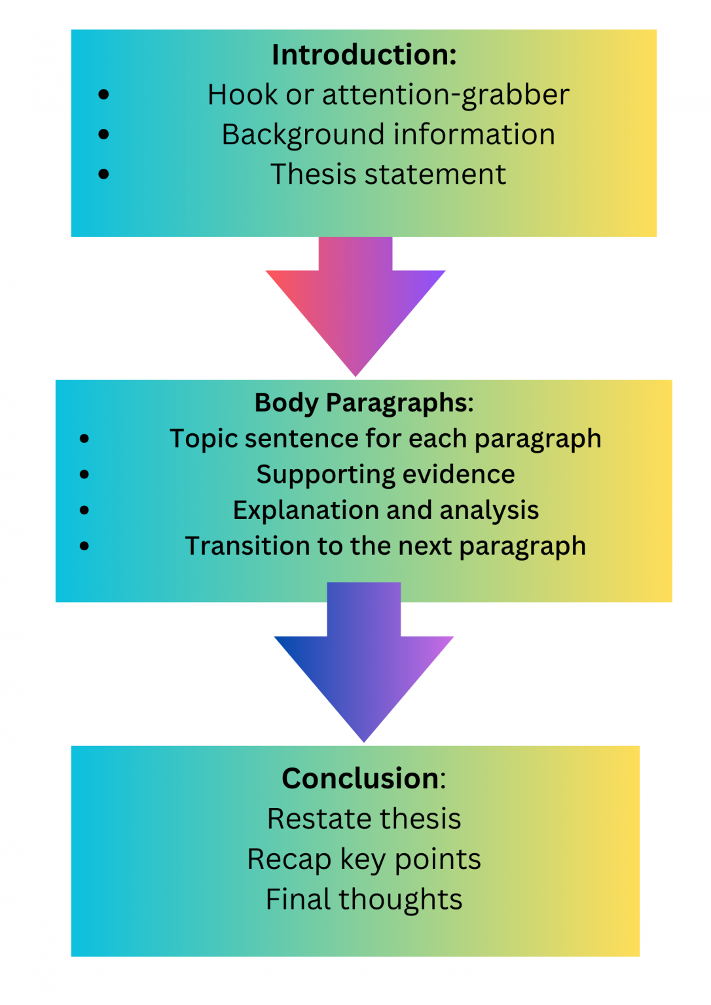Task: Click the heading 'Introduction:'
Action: pos(364,55)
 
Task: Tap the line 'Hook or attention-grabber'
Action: pos(388,95)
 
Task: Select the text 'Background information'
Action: pos(388,135)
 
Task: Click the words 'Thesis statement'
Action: pos(388,175)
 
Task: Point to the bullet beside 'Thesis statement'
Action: pos(103,174)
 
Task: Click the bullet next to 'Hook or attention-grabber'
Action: pos(103,95)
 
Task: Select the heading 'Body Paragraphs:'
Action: pos(364,403)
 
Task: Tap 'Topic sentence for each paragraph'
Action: pos(385,439)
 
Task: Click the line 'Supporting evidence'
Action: pos(385,474)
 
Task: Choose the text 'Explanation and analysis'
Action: pos(385,510)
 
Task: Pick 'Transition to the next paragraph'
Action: pos(385,546)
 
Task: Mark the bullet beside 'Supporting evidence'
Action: pos(84,474)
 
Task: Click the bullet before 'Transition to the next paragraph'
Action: pos(84,546)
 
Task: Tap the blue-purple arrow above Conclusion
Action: pos(364,667)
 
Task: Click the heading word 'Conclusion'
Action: pos(360,779)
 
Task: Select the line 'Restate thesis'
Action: pos(364,819)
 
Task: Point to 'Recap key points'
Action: pos(364,859)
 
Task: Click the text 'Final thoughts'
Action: pos(364,900)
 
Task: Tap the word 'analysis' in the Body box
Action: pos(489,511)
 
